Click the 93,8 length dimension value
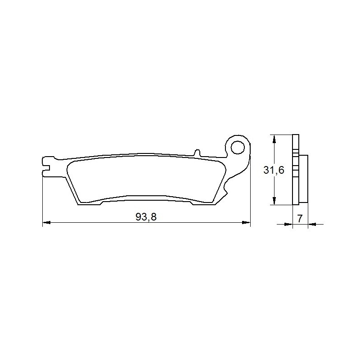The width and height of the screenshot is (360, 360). pos(146,217)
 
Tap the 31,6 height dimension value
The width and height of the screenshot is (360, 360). pos(274,170)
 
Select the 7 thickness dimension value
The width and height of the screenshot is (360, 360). pos(300,219)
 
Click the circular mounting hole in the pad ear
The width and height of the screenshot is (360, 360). pos(238,147)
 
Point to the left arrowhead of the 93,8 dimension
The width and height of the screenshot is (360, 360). pos(46,222)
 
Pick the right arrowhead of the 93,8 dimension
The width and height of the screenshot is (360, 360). pos(247,222)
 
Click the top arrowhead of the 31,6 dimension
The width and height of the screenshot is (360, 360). pos(274,139)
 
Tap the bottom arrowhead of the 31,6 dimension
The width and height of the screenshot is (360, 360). pos(274,201)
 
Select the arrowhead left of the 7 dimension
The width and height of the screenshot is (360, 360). pos(289,224)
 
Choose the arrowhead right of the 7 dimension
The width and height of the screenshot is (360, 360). pos(312,224)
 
